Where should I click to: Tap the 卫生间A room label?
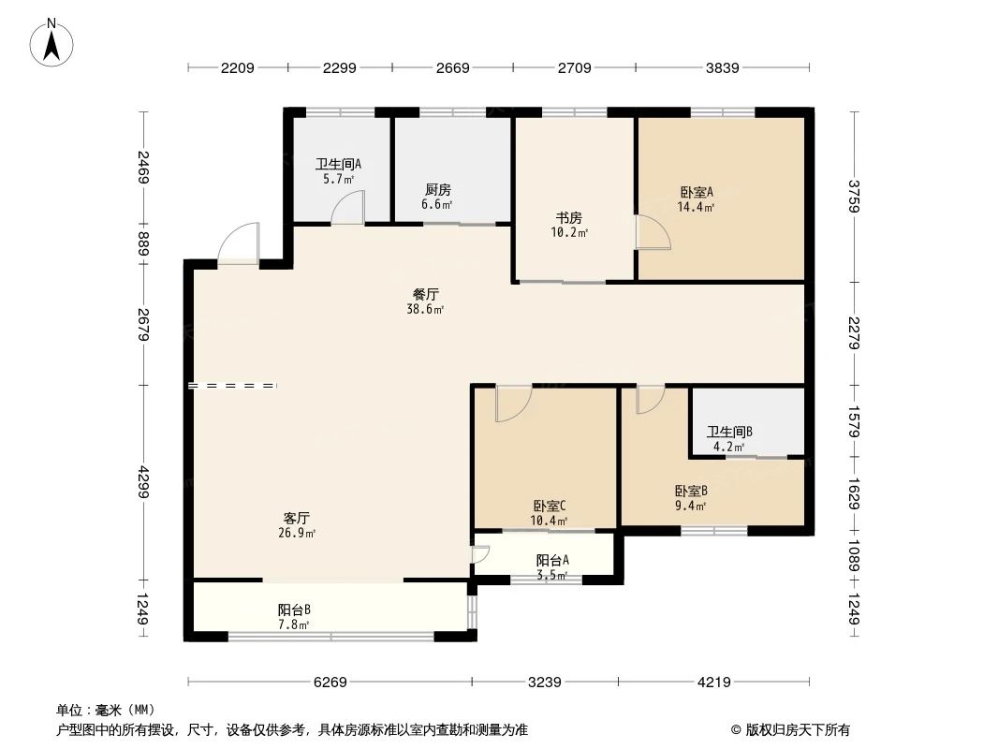[x=338, y=164]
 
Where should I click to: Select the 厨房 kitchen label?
[x=438, y=190]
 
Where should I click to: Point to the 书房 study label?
[x=569, y=218]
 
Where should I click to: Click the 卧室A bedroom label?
[x=697, y=192]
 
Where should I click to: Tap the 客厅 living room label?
[x=297, y=518]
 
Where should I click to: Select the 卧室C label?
[x=549, y=506]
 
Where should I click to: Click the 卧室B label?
[x=690, y=491]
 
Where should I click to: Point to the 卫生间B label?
[x=729, y=432]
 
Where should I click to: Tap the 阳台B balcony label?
[x=294, y=609]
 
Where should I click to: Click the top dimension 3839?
[x=723, y=67]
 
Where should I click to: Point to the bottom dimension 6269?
[x=330, y=683]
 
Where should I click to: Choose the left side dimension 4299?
[x=143, y=483]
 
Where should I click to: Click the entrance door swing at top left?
[x=238, y=242]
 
